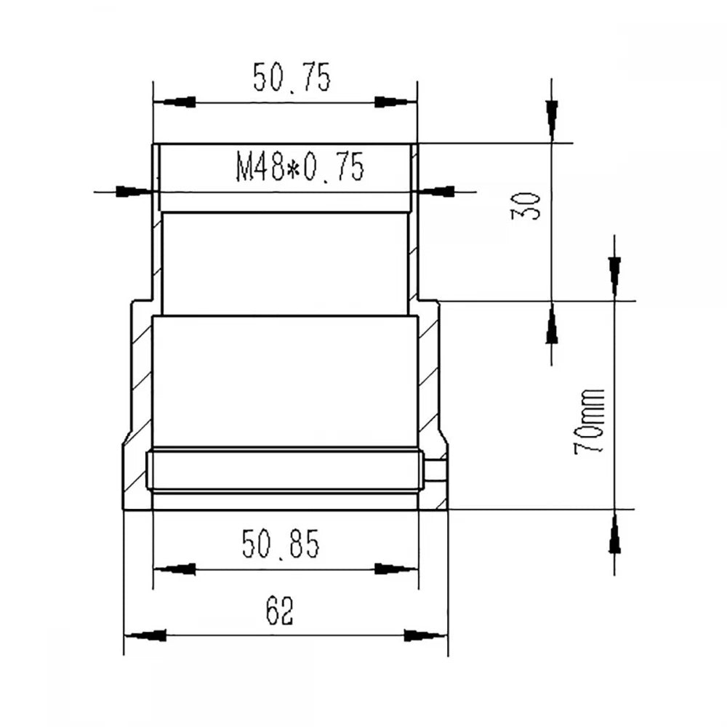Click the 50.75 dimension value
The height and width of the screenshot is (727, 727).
click(292, 78)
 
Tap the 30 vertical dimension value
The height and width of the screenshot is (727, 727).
click(526, 206)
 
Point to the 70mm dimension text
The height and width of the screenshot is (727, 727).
click(590, 421)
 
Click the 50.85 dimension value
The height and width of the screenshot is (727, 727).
click(281, 543)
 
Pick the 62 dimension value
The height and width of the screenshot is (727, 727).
click(280, 611)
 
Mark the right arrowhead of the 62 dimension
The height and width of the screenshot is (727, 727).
click(425, 635)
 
